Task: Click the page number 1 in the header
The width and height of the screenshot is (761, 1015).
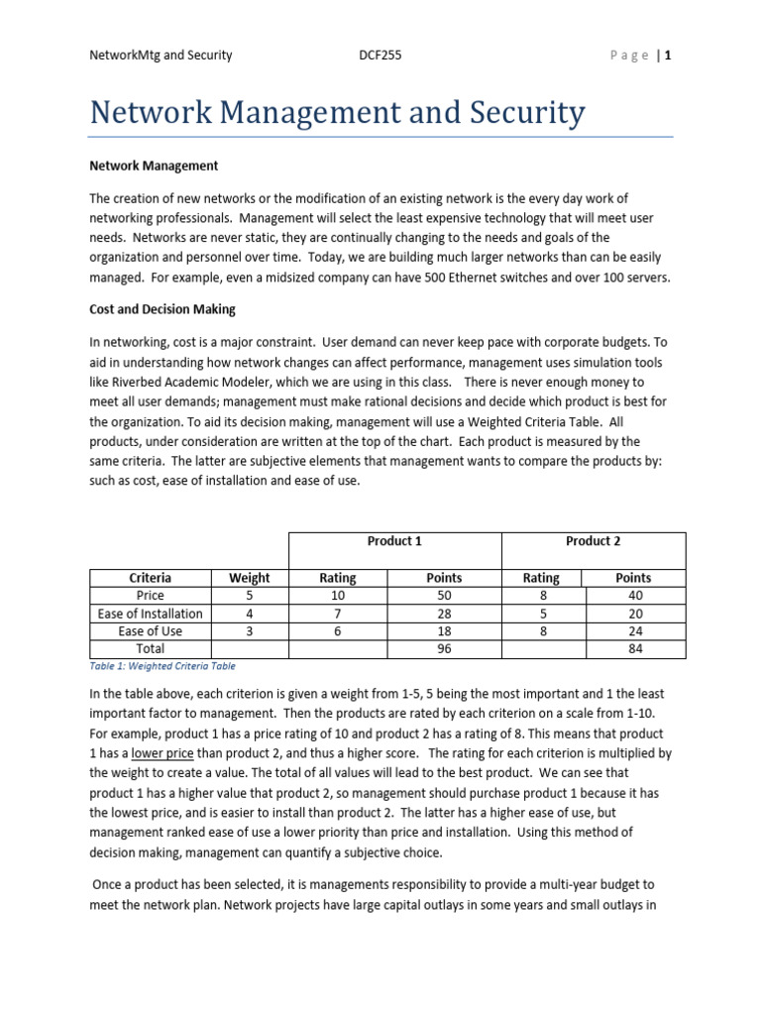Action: pos(669,56)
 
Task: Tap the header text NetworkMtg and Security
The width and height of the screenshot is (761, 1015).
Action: pos(161,56)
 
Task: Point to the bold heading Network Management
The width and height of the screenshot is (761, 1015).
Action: pos(154,166)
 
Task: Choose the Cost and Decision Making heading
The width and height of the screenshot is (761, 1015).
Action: pos(163,309)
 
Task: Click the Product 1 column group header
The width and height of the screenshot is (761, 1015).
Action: pos(394,541)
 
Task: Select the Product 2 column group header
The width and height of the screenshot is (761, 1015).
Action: pos(593,541)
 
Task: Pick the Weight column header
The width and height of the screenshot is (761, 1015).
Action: pos(249,578)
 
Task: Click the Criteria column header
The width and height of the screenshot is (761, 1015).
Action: pos(151,578)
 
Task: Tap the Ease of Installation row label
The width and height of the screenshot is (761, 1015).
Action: pos(151,614)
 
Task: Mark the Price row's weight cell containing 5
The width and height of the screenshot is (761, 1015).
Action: pos(249,596)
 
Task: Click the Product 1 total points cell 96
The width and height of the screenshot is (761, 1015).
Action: pos(443,649)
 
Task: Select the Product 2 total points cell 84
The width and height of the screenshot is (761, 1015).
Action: pos(633,649)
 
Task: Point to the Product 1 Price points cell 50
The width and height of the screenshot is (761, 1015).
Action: pos(443,596)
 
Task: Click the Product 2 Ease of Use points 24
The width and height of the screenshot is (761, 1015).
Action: pos(633,631)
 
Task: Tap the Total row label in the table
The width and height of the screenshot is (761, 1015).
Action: pos(151,649)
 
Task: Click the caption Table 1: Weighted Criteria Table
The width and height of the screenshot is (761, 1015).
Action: pos(163,667)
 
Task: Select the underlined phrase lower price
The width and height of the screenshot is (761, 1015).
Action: pos(164,753)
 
